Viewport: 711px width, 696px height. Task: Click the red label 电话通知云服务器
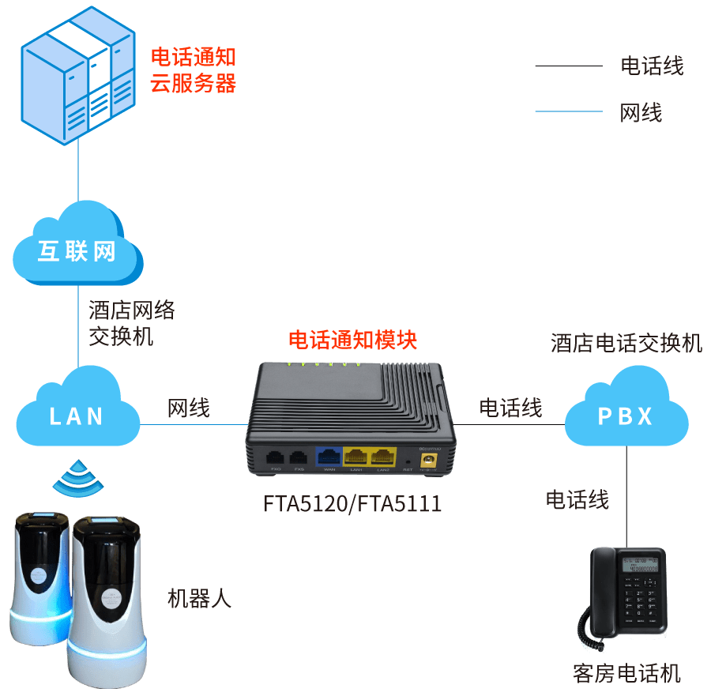194,70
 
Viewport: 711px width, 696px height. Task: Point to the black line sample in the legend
568,66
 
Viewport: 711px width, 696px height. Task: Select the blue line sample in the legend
568,111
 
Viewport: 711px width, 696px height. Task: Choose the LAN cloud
77,412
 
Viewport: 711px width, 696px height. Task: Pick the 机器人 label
198,598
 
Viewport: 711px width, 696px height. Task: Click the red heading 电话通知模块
352,340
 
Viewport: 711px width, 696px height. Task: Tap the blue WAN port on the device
329,457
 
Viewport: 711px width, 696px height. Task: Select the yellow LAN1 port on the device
356,457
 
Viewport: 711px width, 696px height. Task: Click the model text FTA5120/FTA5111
352,504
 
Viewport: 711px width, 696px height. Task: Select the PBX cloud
624,414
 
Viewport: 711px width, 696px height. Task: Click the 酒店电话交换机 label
626,344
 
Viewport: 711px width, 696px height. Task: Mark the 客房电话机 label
626,673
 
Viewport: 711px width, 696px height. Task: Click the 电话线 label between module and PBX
510,408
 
